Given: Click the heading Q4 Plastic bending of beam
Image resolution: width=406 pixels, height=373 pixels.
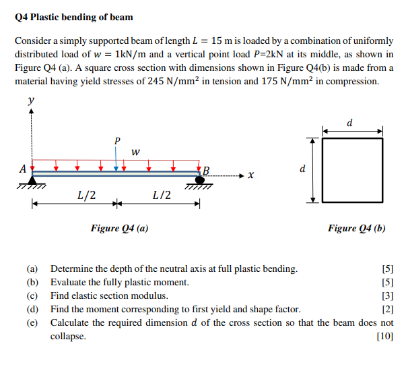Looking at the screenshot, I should (x=74, y=17).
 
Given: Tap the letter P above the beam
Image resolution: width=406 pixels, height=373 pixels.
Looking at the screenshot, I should (x=116, y=141).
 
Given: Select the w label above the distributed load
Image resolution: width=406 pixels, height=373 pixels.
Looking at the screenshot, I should (x=135, y=152).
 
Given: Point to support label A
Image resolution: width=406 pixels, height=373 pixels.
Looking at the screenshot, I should (x=23, y=169).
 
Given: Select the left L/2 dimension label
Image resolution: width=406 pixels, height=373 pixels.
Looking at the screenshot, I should (x=86, y=196).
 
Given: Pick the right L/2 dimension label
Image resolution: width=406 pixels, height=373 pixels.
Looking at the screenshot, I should (x=162, y=196).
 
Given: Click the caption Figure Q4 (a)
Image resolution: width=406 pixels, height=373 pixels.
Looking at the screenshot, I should (x=120, y=228).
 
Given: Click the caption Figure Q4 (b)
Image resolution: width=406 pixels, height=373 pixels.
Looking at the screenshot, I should (x=356, y=228).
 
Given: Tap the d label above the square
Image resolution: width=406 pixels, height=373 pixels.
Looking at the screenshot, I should (x=349, y=123).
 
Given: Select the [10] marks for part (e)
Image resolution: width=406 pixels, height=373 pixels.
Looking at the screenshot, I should (x=385, y=336).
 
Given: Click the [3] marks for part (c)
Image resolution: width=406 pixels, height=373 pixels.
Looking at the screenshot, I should (x=387, y=295).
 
